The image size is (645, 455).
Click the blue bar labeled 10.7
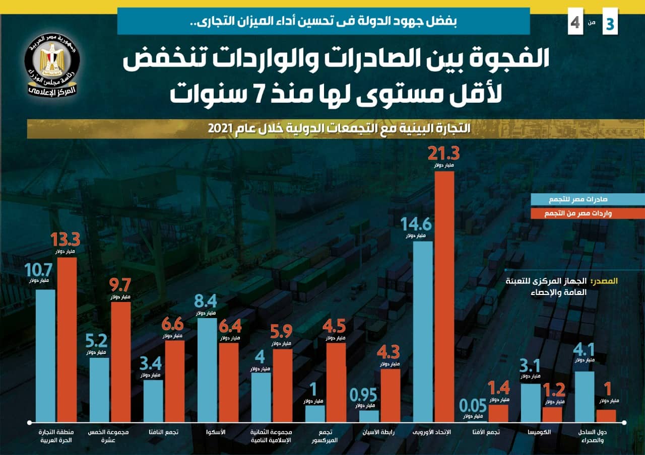(x=45, y=355)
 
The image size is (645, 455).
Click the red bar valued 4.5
(x=336, y=383)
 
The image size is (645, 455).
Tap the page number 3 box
(x=610, y=23)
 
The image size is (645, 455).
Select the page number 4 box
(x=575, y=23)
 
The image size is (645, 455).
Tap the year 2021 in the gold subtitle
(x=220, y=128)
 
